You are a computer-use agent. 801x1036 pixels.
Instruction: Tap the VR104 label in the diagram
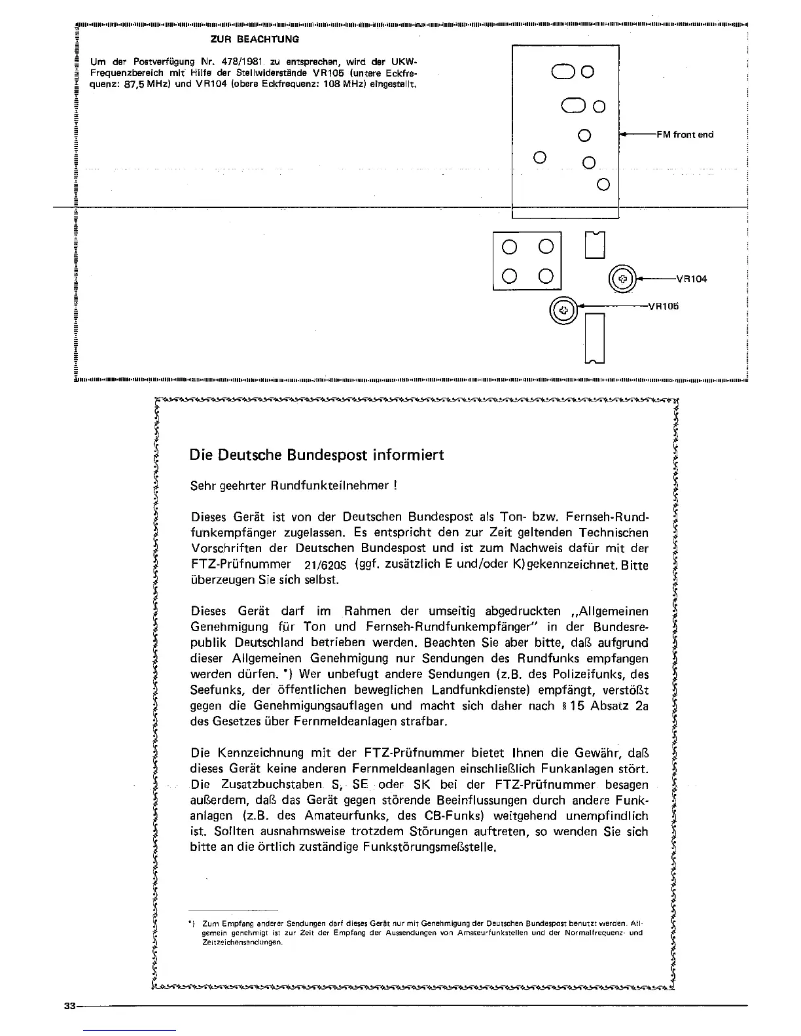click(691, 279)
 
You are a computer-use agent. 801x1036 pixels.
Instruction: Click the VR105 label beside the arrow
click(663, 305)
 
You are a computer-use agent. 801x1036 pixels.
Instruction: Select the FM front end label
click(685, 135)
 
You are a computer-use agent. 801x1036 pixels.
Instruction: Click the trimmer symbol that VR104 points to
click(623, 279)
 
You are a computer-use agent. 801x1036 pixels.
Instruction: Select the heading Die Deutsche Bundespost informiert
click(316, 455)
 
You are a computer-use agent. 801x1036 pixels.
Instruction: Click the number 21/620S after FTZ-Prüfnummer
click(325, 564)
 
